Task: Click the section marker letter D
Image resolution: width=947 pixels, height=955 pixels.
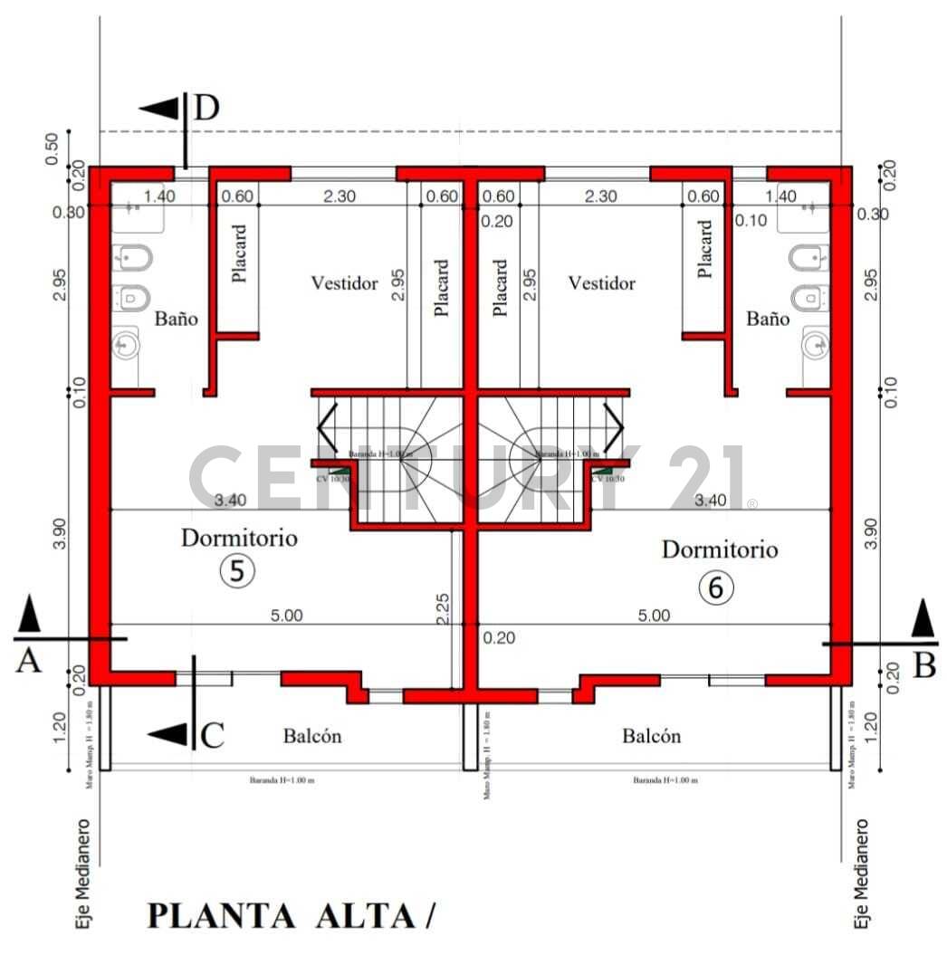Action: point(206,108)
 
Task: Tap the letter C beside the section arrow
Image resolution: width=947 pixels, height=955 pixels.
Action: point(212,736)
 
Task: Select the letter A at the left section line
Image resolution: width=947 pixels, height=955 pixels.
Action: point(28,663)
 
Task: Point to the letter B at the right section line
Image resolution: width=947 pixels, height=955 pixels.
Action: point(924,666)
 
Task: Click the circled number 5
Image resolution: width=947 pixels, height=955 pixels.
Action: point(237,571)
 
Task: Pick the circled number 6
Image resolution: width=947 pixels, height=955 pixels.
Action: point(716,587)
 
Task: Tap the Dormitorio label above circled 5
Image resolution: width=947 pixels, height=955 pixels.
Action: point(239,538)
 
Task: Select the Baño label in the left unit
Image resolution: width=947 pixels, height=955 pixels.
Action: point(176,319)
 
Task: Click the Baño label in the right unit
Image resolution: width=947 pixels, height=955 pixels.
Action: point(768,319)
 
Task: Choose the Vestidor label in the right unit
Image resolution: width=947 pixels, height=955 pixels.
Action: point(602,283)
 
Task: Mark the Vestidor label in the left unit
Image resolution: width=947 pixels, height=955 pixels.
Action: point(344,283)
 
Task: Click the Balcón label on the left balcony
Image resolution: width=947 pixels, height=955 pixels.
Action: point(312,736)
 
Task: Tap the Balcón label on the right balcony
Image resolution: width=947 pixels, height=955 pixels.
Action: point(651,736)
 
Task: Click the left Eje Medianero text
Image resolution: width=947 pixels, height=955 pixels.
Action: point(83,874)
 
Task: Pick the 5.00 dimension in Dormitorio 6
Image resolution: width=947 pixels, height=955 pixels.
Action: point(654,616)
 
